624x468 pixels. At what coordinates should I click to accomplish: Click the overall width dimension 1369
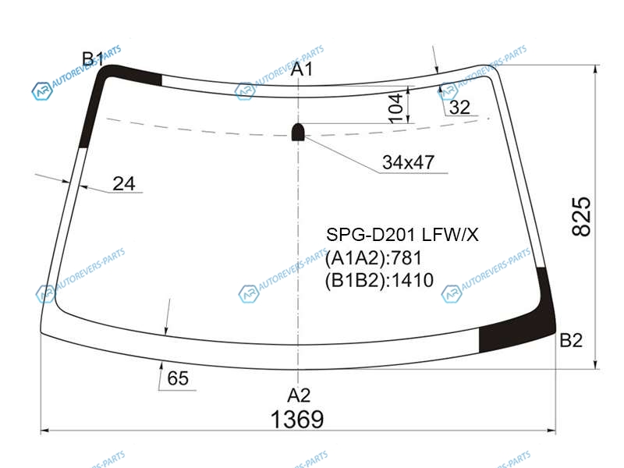point(297,419)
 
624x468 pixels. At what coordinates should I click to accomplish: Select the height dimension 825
point(581,216)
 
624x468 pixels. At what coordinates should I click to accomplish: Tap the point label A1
point(301,69)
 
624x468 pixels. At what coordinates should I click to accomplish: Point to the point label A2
point(299,395)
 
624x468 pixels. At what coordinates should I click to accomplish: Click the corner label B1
point(93,59)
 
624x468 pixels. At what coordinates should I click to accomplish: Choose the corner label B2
point(571,340)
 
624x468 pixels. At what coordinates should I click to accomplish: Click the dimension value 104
point(396,108)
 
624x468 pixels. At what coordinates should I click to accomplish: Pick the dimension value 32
point(459,108)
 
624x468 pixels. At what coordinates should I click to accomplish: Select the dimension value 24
point(124,184)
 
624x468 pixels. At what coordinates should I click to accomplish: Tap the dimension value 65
point(178,378)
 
